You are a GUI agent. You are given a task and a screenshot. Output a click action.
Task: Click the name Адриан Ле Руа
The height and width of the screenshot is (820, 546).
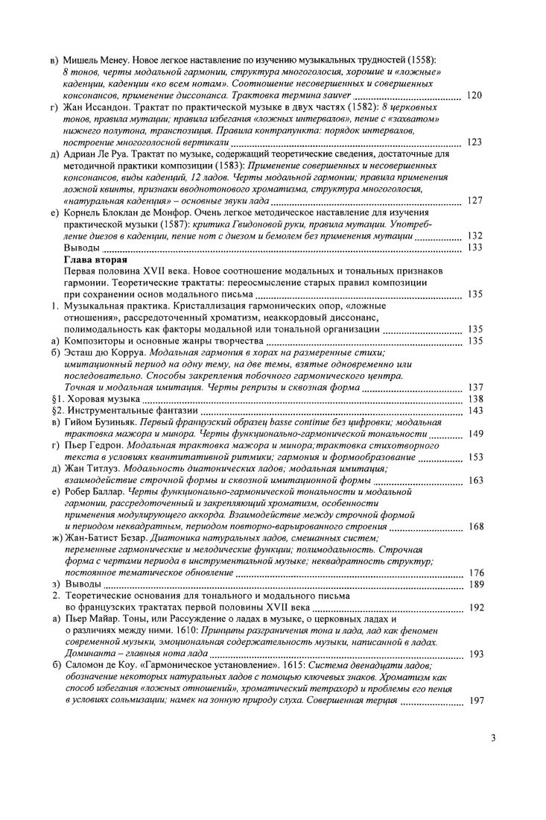[x=97, y=155]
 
